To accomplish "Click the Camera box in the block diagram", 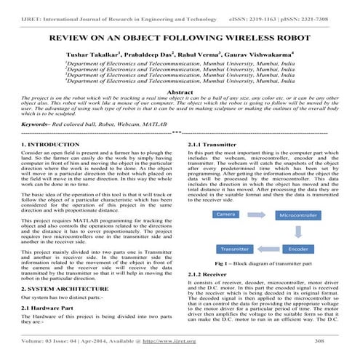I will (x=225, y=195).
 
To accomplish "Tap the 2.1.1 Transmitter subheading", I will (x=212, y=145).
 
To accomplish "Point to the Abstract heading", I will (x=180, y=93).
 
